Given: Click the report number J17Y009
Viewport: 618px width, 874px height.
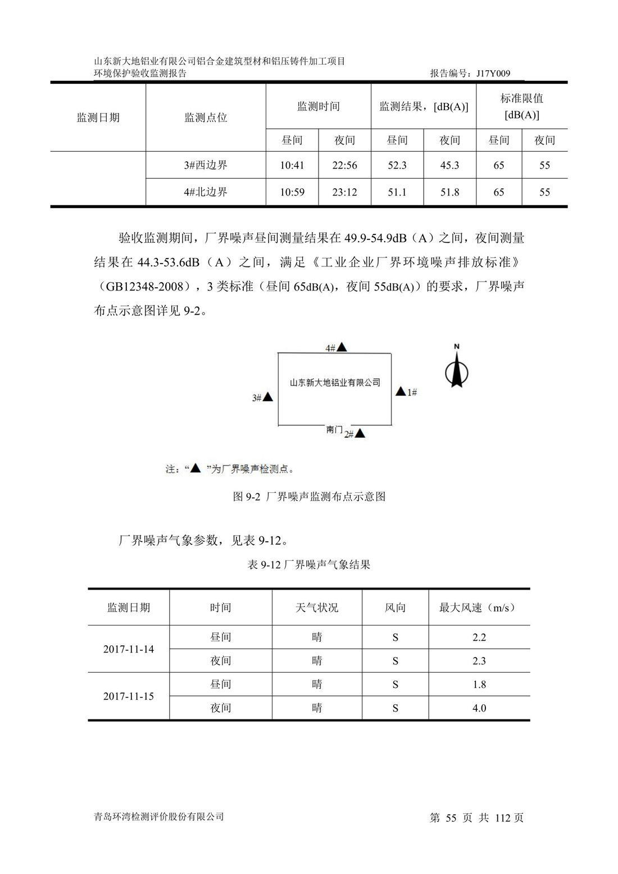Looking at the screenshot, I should point(493,73).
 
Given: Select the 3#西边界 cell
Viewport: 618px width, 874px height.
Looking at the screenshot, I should point(206,165).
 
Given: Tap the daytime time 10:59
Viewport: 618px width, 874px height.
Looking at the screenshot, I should point(292,192).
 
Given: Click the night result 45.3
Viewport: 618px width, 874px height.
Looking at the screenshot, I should point(449,165).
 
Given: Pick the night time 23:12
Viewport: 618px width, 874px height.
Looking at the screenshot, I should point(344,192).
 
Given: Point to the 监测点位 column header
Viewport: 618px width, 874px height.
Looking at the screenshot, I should point(206,117).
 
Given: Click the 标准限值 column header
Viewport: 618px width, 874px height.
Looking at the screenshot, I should point(521,106).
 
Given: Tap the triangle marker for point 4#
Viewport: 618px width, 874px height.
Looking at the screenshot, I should point(342,347).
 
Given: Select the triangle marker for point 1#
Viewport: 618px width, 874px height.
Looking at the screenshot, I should point(401,391).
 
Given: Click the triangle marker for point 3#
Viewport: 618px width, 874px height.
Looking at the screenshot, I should point(268,397).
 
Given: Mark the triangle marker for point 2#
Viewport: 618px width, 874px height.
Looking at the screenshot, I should point(360,433).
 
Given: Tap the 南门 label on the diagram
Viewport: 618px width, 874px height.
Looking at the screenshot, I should point(334,430).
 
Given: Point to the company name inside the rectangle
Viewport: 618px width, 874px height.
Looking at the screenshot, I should point(335,383).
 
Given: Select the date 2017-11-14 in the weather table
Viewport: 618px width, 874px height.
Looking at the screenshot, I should point(129,649).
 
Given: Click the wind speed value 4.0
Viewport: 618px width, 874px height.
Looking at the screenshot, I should point(479,708).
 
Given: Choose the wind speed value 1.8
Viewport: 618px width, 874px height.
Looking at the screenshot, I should point(479,685).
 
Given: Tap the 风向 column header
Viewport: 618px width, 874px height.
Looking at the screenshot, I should point(395,608).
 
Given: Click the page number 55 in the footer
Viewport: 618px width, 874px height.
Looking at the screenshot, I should point(451,818).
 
